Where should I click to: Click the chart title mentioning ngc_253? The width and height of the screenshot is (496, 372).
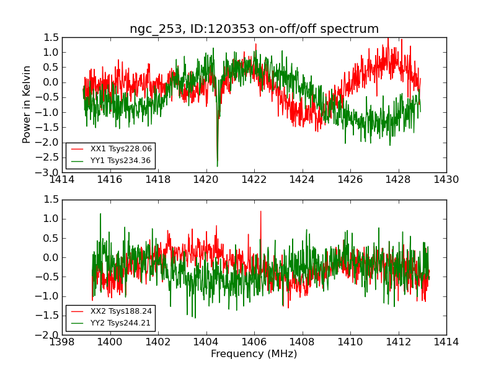coord(254,29)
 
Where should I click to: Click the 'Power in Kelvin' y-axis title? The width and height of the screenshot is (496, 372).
coord(27,104)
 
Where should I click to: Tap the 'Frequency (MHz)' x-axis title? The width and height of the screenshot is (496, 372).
coord(254,354)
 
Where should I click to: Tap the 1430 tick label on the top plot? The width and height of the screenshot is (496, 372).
coord(446,180)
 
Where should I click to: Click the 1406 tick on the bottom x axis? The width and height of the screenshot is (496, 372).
coord(254,342)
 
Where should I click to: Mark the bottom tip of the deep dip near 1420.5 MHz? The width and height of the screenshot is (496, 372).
coord(217,166)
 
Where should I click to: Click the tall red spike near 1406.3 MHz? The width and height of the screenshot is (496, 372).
coord(260,211)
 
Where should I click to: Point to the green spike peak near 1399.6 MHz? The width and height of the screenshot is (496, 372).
coord(100,214)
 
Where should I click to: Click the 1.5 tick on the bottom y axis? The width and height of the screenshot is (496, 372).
coord(52,200)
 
